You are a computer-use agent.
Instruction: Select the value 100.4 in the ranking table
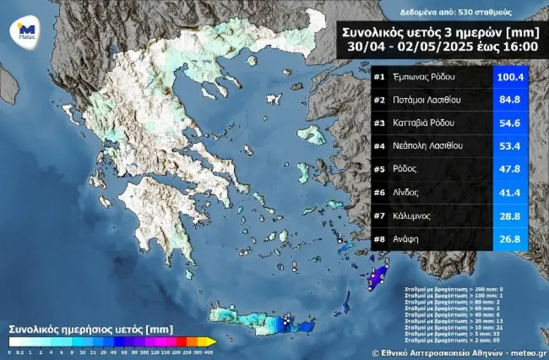(510, 77)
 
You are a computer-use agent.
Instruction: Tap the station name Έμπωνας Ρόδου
(424, 77)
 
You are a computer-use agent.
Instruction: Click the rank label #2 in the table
(379, 100)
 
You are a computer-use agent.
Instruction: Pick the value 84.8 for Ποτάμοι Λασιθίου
(510, 100)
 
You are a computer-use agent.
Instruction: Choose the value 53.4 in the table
(510, 146)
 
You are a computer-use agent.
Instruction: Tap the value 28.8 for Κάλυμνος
(510, 216)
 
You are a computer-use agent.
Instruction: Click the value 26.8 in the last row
(510, 240)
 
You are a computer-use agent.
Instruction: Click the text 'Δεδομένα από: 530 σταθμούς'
(447, 12)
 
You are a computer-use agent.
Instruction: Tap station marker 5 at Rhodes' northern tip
(387, 261)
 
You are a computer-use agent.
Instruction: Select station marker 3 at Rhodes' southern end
(370, 283)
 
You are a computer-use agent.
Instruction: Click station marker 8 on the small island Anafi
(294, 265)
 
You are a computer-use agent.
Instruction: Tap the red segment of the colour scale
(181, 341)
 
